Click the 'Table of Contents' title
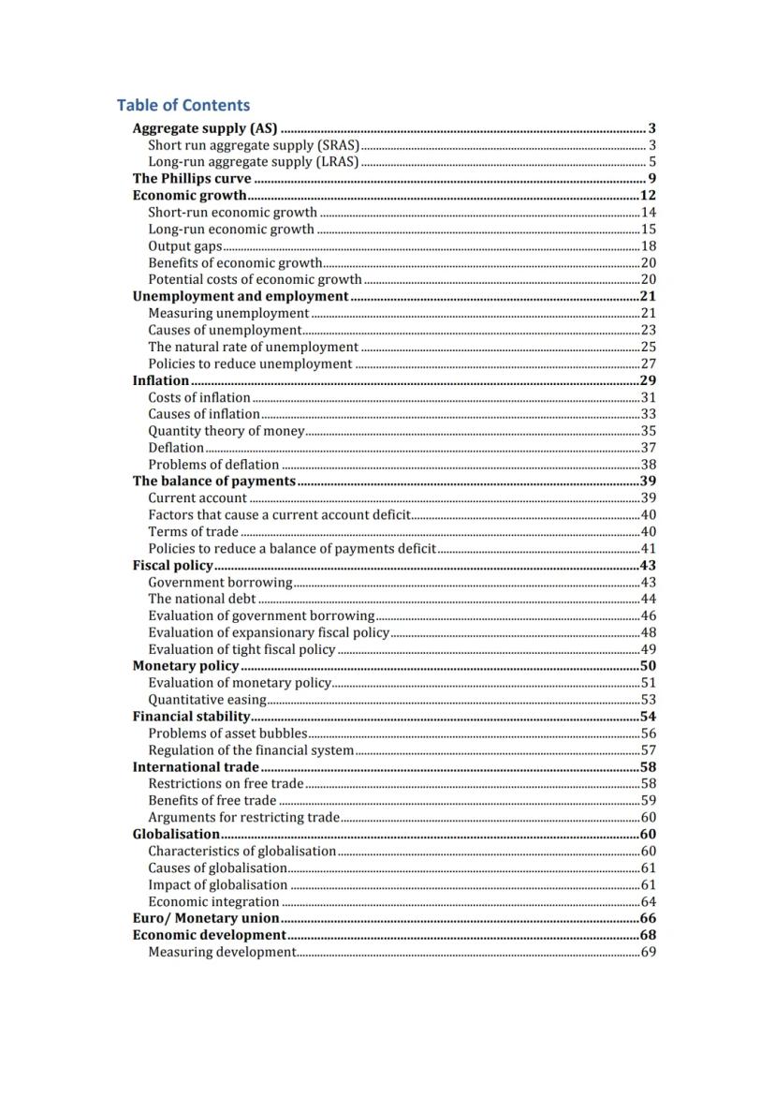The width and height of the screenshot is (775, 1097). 183,105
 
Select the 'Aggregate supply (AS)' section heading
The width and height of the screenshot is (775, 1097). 205,128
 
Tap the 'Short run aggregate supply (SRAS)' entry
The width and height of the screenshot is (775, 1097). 254,145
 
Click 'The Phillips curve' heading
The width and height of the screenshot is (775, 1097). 192,179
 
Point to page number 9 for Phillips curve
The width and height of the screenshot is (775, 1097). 651,179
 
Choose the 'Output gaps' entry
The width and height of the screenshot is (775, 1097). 185,246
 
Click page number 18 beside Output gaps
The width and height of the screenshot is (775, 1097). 648,246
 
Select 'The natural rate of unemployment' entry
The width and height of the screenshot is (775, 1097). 253,347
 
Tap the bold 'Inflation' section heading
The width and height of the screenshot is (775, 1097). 161,380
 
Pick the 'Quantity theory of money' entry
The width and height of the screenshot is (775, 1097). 227,431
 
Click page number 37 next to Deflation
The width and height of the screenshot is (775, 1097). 648,448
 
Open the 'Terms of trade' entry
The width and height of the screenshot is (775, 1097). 193,532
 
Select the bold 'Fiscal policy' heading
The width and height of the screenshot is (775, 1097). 173,566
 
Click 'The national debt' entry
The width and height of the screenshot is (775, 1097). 201,599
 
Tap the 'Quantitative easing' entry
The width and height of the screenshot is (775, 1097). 207,700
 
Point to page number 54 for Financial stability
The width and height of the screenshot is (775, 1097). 648,717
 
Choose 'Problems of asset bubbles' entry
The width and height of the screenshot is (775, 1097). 227,734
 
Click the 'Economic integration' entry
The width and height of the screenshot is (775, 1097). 213,902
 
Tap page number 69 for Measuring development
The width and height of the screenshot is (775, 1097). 648,952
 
